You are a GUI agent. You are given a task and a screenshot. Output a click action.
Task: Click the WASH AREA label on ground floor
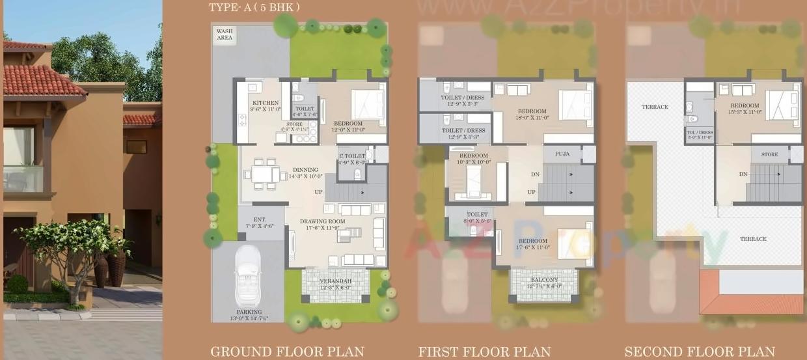(x=225, y=35)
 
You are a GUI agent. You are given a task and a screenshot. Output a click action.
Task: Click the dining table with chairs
(x=265, y=174)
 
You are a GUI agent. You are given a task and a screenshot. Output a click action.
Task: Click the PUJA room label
(x=562, y=154)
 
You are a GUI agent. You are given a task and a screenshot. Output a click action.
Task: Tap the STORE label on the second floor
(x=769, y=154)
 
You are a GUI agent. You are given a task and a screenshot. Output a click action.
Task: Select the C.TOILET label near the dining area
(x=352, y=156)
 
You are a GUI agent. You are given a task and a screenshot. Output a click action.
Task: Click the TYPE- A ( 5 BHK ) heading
(x=254, y=8)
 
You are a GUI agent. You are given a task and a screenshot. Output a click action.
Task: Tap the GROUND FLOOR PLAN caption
(x=287, y=352)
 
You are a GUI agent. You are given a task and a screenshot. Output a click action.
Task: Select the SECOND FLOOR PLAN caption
(x=700, y=352)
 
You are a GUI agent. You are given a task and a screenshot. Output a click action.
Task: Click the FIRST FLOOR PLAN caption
(x=484, y=352)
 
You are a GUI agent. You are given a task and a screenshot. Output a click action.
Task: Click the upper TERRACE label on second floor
(x=655, y=107)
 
